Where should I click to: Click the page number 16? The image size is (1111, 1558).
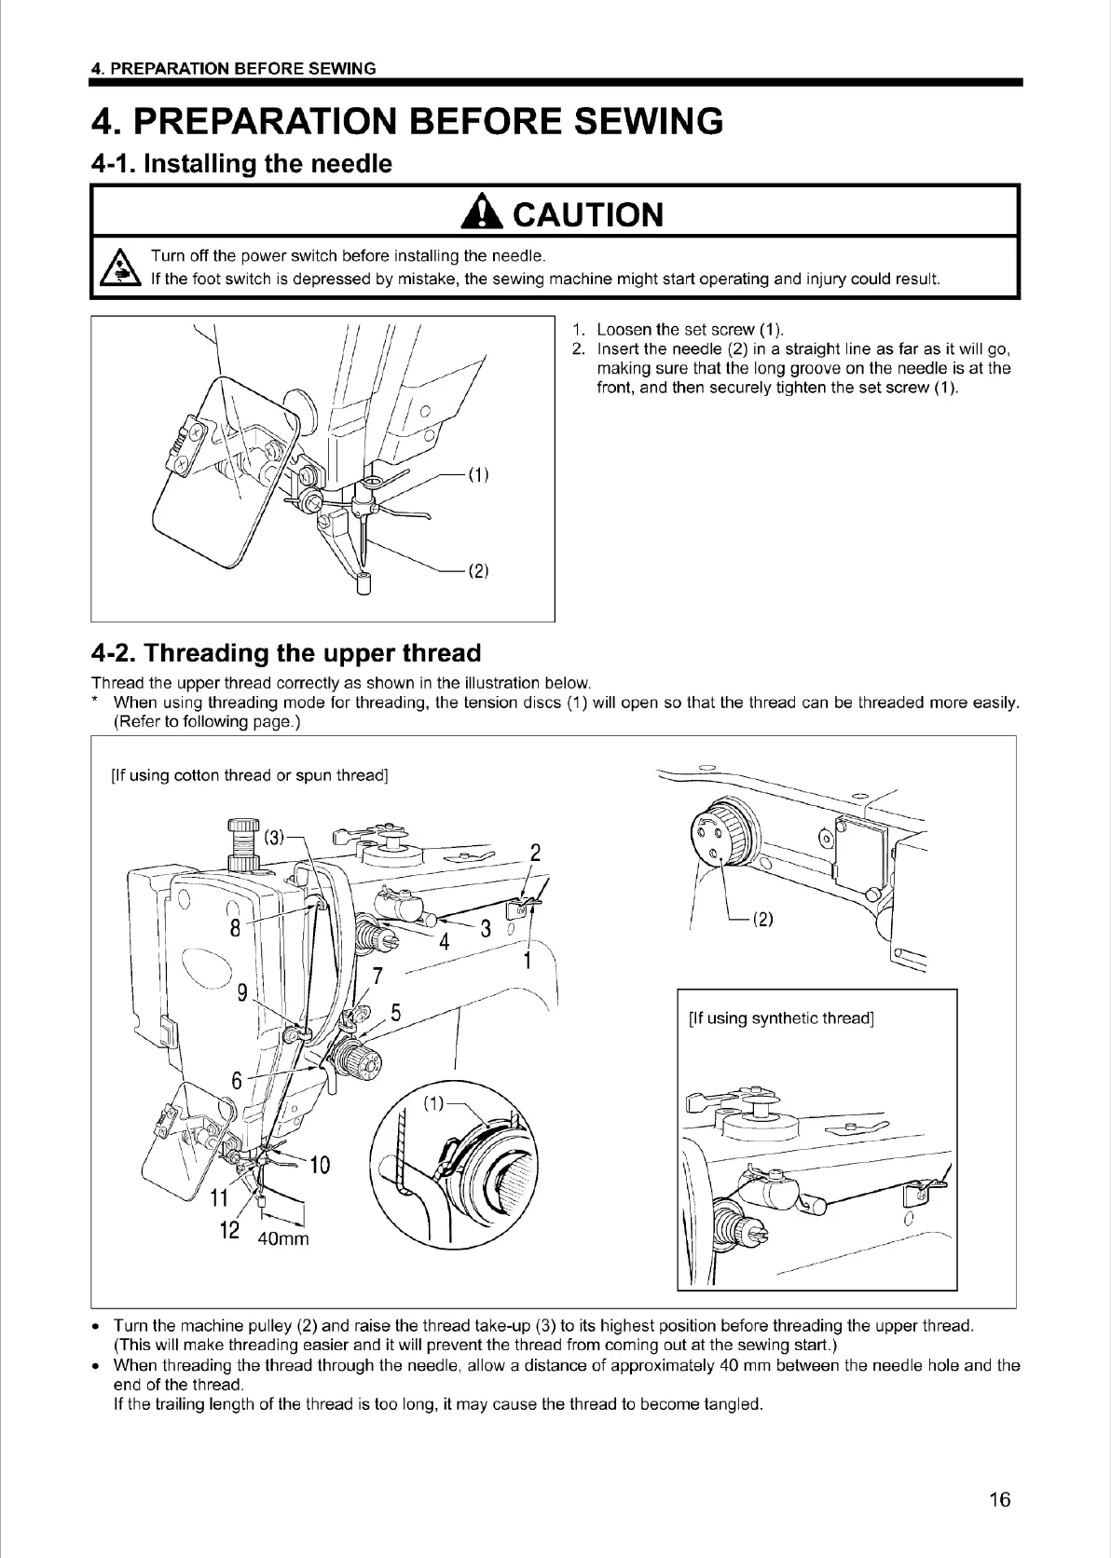(x=999, y=1499)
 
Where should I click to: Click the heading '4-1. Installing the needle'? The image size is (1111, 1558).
(x=241, y=165)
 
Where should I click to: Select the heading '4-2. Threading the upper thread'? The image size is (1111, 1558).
(x=286, y=652)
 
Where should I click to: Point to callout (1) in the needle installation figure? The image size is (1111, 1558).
(x=478, y=474)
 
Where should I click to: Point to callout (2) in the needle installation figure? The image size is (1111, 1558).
(x=478, y=571)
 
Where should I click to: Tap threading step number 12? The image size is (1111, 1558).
(x=229, y=1229)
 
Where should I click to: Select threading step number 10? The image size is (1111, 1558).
(x=319, y=1165)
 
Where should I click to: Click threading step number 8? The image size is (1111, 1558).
(x=236, y=928)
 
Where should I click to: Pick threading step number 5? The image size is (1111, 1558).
(x=395, y=1013)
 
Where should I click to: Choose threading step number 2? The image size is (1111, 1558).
(x=535, y=853)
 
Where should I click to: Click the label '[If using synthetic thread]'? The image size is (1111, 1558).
(x=780, y=1018)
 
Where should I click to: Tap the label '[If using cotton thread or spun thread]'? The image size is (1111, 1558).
(x=249, y=775)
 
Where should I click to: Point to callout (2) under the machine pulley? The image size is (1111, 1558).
(x=763, y=920)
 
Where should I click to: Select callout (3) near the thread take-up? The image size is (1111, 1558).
(x=274, y=836)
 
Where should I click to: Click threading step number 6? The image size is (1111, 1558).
(x=237, y=1080)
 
